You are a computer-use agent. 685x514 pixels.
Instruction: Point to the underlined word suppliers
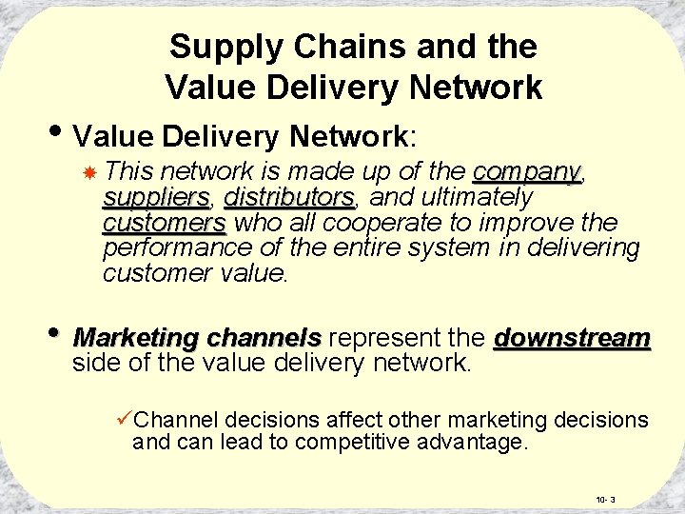156,198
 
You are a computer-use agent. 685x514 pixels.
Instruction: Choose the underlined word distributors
289,198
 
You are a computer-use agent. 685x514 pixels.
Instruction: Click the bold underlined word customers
164,224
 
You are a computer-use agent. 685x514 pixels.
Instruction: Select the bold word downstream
572,339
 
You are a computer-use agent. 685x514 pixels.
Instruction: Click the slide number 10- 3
605,500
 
